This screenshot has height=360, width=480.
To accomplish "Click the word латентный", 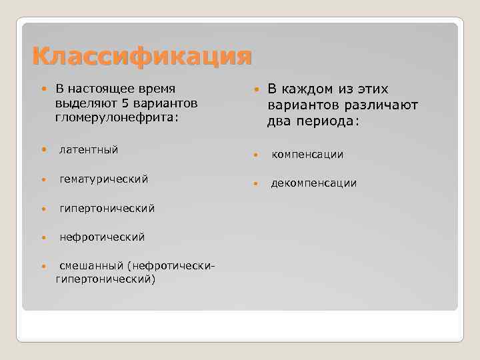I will point(89,149).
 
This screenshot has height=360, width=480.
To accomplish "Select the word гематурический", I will point(103,179).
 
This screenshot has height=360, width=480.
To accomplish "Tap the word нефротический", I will point(101,237).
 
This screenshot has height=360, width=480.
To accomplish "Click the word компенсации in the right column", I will point(307,155).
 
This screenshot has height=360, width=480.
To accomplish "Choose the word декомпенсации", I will point(313,183).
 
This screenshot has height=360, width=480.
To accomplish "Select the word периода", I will point(324,121).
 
